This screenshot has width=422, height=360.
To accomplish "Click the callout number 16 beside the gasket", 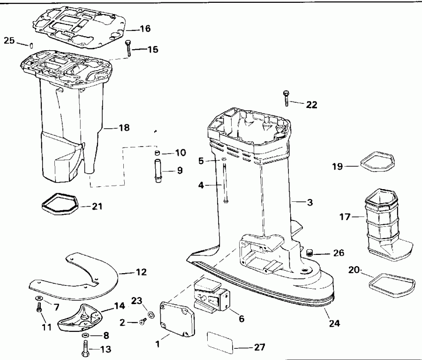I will pyautogui.click(x=145, y=29).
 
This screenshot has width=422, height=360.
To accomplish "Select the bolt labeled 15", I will pyautogui.click(x=128, y=48).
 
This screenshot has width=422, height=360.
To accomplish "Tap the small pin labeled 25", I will pyautogui.click(x=30, y=45).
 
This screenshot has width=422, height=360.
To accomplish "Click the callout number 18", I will pyautogui.click(x=124, y=128).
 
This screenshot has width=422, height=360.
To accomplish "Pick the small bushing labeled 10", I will pyautogui.click(x=158, y=153).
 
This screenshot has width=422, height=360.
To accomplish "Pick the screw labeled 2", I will pyautogui.click(x=143, y=322).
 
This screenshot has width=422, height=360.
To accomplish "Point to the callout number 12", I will pyautogui.click(x=141, y=272).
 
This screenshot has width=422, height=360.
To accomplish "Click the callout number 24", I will pyautogui.click(x=334, y=323).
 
